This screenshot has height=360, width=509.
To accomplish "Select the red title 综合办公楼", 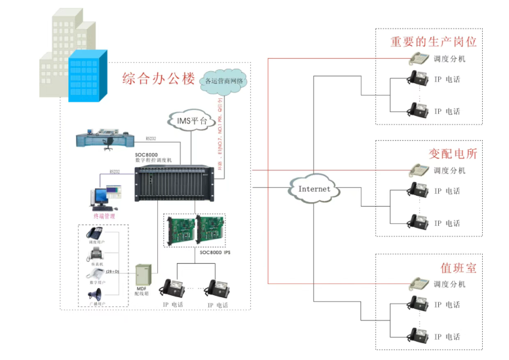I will point(159,79).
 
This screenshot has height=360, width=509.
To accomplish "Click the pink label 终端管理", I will point(103,216).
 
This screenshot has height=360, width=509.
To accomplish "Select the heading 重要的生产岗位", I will point(434,42).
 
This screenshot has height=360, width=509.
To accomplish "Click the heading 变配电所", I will point(453,154).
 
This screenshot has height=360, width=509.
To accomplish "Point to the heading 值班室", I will point(459,268).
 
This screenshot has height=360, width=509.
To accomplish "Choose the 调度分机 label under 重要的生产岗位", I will point(449,59).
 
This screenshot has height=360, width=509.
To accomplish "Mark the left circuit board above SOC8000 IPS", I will point(180,230).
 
